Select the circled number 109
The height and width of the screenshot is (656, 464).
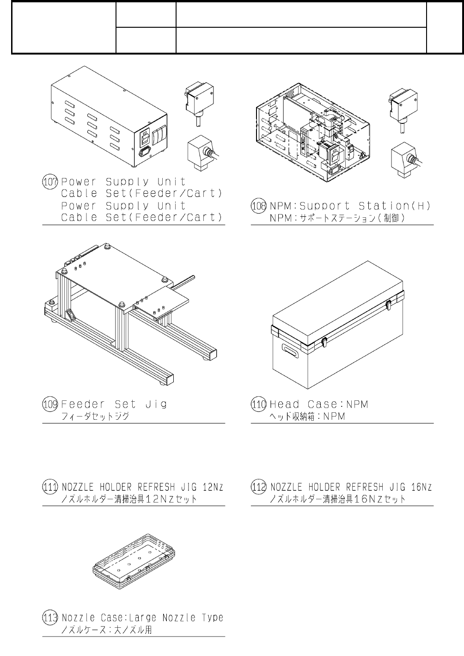pos(49,404)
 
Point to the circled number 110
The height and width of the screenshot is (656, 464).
pos(258,404)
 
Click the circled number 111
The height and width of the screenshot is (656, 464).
pos(49,487)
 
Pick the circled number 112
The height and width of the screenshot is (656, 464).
pos(258,487)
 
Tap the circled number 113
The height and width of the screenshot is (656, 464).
pos(49,617)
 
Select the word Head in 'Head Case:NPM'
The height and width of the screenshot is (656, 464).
pos(284,404)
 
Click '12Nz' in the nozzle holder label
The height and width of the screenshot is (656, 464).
pos(213,487)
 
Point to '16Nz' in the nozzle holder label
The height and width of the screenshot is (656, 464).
pos(421,487)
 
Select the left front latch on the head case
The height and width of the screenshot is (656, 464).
pos(324,342)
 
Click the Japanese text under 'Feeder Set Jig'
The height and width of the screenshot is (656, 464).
pos(95,416)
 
